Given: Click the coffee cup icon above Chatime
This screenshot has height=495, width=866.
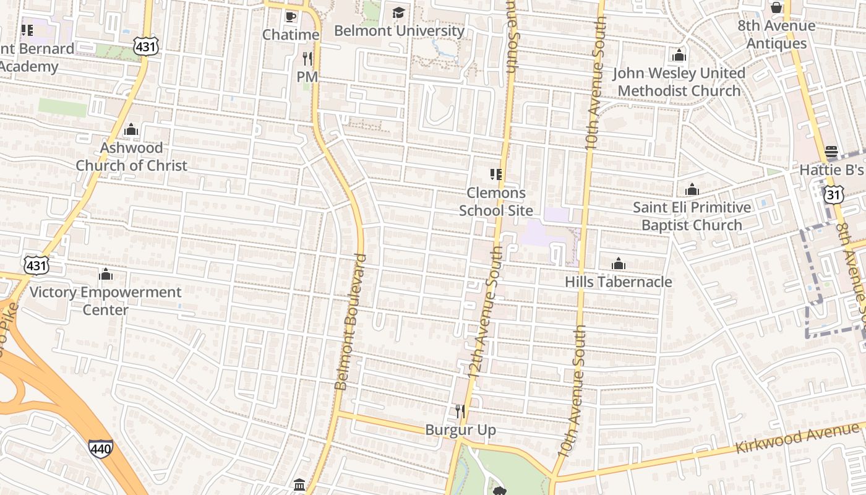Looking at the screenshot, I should (290, 16).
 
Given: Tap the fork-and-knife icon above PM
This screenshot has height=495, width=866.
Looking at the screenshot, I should (307, 59).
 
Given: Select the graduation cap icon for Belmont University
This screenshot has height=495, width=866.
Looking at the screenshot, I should (398, 12).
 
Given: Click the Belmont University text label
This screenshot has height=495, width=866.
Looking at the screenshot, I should (399, 30).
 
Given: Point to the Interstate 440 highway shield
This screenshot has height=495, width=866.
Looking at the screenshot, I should (100, 448).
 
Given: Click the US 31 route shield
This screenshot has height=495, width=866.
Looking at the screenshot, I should (833, 195).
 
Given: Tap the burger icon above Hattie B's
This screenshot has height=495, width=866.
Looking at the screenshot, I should (831, 152).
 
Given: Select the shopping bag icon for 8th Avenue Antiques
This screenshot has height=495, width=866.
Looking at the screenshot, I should (776, 8).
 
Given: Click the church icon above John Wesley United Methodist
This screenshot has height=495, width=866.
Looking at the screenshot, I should (679, 55).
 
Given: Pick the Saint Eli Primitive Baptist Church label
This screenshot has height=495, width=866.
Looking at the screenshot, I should (692, 216).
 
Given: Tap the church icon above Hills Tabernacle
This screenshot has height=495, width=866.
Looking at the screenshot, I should (618, 264).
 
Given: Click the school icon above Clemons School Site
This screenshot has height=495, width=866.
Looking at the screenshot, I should (495, 174).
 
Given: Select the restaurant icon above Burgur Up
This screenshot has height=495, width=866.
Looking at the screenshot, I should (460, 411).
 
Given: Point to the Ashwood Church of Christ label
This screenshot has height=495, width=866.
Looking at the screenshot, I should (131, 157).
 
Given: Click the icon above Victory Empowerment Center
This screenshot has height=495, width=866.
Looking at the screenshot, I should (106, 274).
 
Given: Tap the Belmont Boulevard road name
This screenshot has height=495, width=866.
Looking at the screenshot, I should (351, 322).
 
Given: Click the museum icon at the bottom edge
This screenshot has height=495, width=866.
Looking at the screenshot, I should (299, 484).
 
